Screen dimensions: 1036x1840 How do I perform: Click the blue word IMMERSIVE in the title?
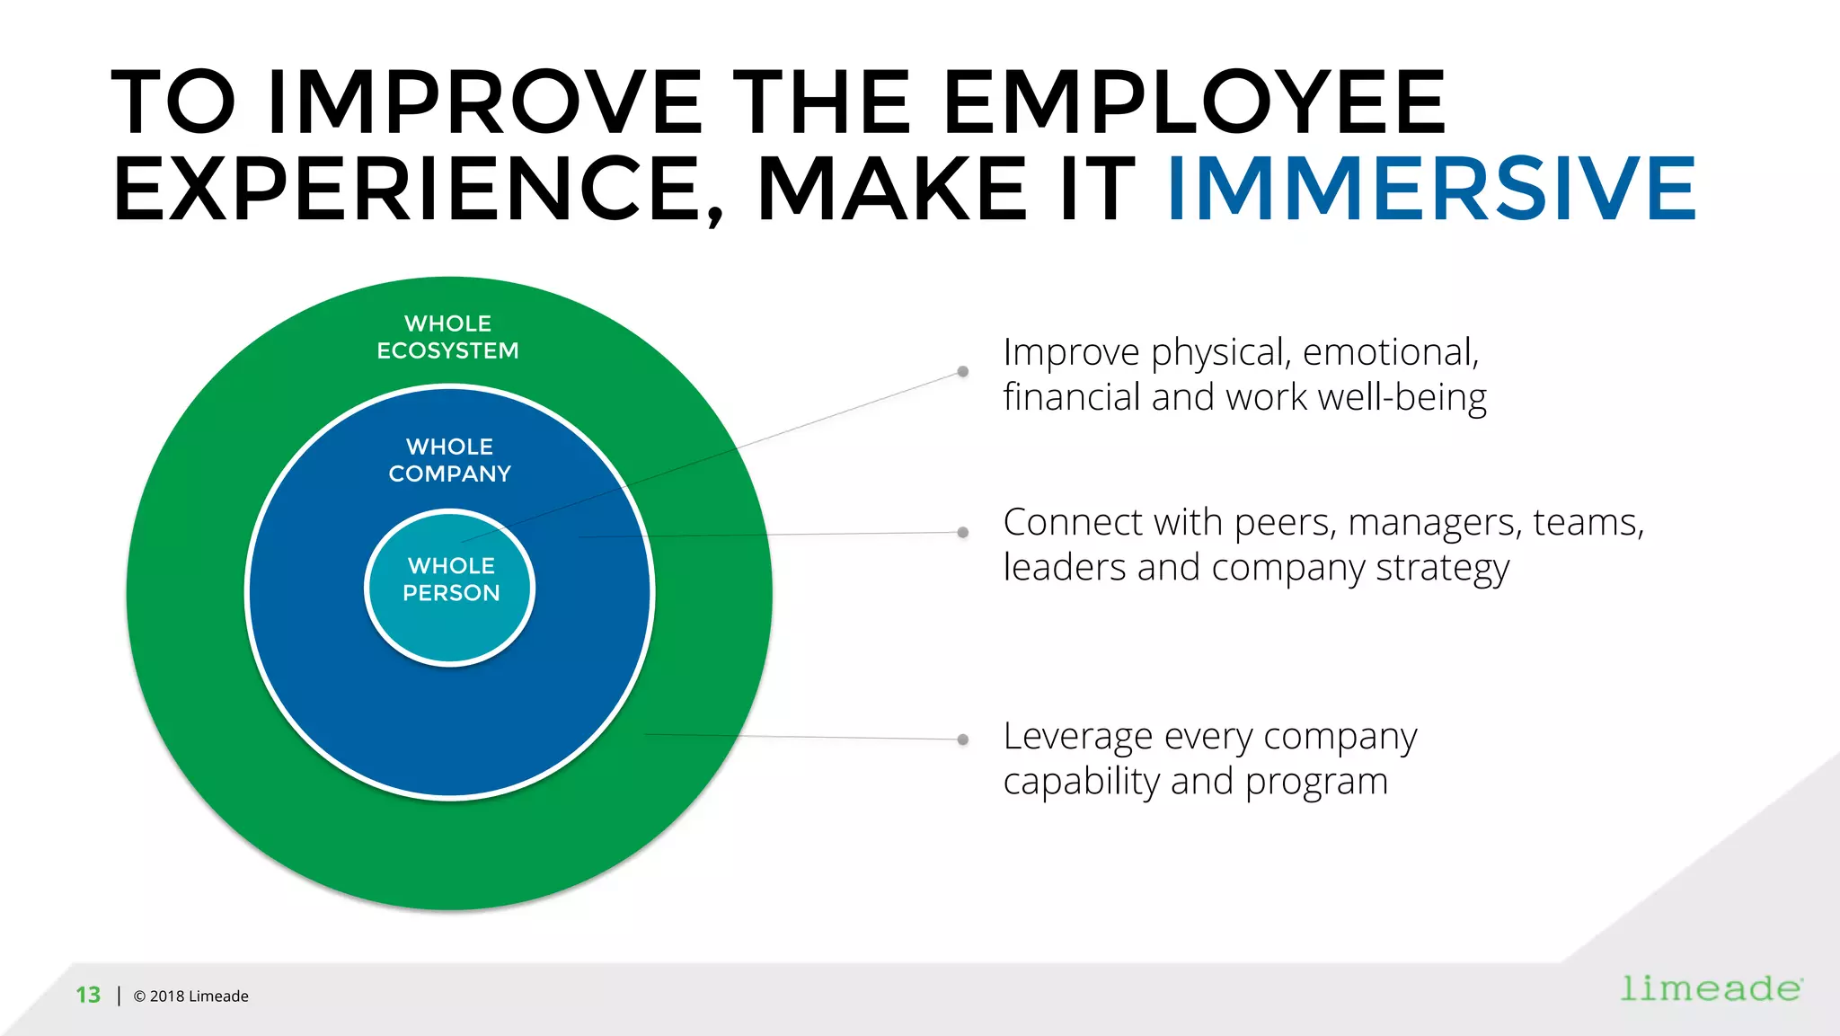click(1431, 189)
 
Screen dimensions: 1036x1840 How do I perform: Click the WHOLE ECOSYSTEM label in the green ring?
click(447, 337)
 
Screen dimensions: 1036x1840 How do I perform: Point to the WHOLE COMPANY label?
click(449, 460)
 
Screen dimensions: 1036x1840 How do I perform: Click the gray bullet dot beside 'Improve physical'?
click(962, 371)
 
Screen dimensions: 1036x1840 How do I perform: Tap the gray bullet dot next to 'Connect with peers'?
click(962, 532)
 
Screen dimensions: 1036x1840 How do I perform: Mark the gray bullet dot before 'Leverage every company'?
click(962, 739)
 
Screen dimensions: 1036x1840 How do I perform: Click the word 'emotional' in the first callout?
click(1389, 352)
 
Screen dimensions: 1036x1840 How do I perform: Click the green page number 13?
click(88, 995)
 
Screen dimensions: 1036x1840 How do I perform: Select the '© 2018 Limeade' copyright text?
click(190, 996)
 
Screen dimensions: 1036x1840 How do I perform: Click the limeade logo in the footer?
click(1711, 988)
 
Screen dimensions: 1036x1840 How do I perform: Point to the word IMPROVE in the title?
click(484, 102)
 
